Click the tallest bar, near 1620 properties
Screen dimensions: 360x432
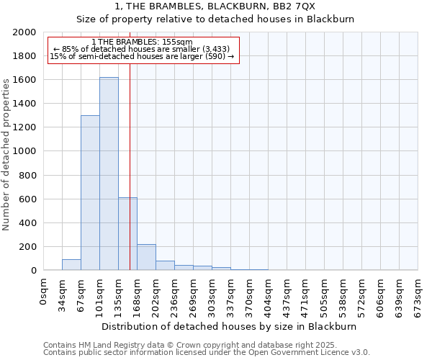coord(109,174)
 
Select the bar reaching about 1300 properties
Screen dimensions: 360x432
coord(90,192)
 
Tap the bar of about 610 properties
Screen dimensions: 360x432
coord(127,233)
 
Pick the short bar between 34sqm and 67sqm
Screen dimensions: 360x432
coord(71,264)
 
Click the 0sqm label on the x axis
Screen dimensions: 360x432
coord(44,289)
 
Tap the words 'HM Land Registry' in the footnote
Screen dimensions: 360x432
coord(110,345)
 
